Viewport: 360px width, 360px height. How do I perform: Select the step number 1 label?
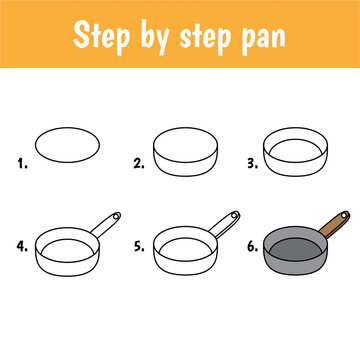(x=21, y=160)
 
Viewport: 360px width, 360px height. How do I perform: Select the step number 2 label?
(x=139, y=160)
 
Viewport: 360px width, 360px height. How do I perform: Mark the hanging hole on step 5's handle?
(x=234, y=216)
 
